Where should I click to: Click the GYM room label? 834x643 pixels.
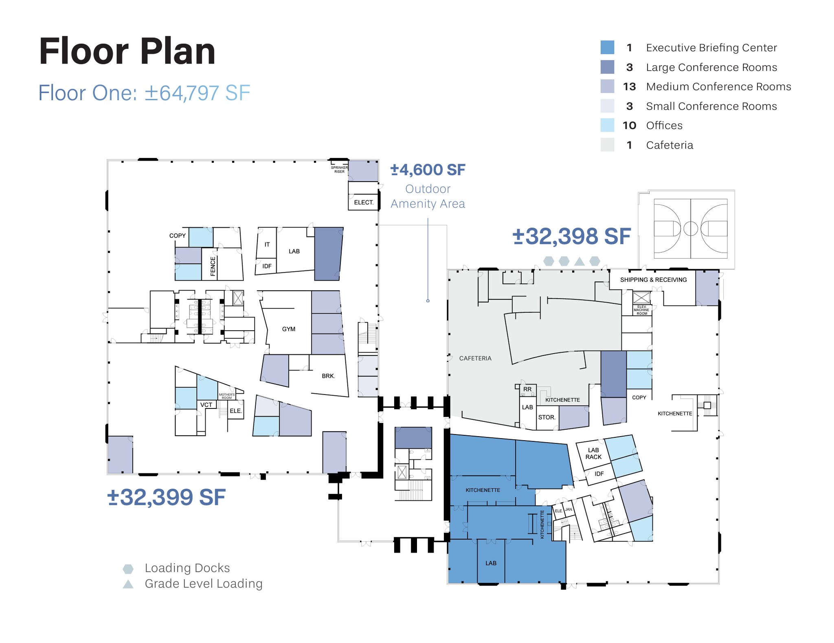(288, 329)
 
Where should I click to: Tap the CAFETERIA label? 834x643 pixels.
(475, 358)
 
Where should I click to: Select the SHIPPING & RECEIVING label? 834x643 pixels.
(653, 280)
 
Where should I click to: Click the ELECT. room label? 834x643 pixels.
(363, 202)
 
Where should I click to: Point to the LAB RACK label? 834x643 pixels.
(593, 453)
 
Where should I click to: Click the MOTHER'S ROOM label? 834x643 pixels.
(226, 396)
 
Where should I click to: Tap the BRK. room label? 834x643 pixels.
(328, 376)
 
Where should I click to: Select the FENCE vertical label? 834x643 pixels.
(213, 266)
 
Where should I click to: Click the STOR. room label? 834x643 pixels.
(546, 417)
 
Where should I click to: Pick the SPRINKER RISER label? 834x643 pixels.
(339, 169)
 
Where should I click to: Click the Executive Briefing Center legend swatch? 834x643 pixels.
(607, 48)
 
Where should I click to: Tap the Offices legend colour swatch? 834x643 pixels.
(607, 125)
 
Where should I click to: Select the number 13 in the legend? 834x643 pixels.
(629, 87)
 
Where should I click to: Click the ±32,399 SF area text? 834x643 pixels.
(166, 497)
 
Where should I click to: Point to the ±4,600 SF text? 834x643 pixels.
(428, 170)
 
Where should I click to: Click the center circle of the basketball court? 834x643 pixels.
(690, 228)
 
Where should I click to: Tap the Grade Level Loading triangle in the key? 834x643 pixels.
(128, 584)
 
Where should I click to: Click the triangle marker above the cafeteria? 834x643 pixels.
(579, 261)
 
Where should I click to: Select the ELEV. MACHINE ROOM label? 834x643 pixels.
(641, 310)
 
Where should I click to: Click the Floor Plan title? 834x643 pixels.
(127, 52)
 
